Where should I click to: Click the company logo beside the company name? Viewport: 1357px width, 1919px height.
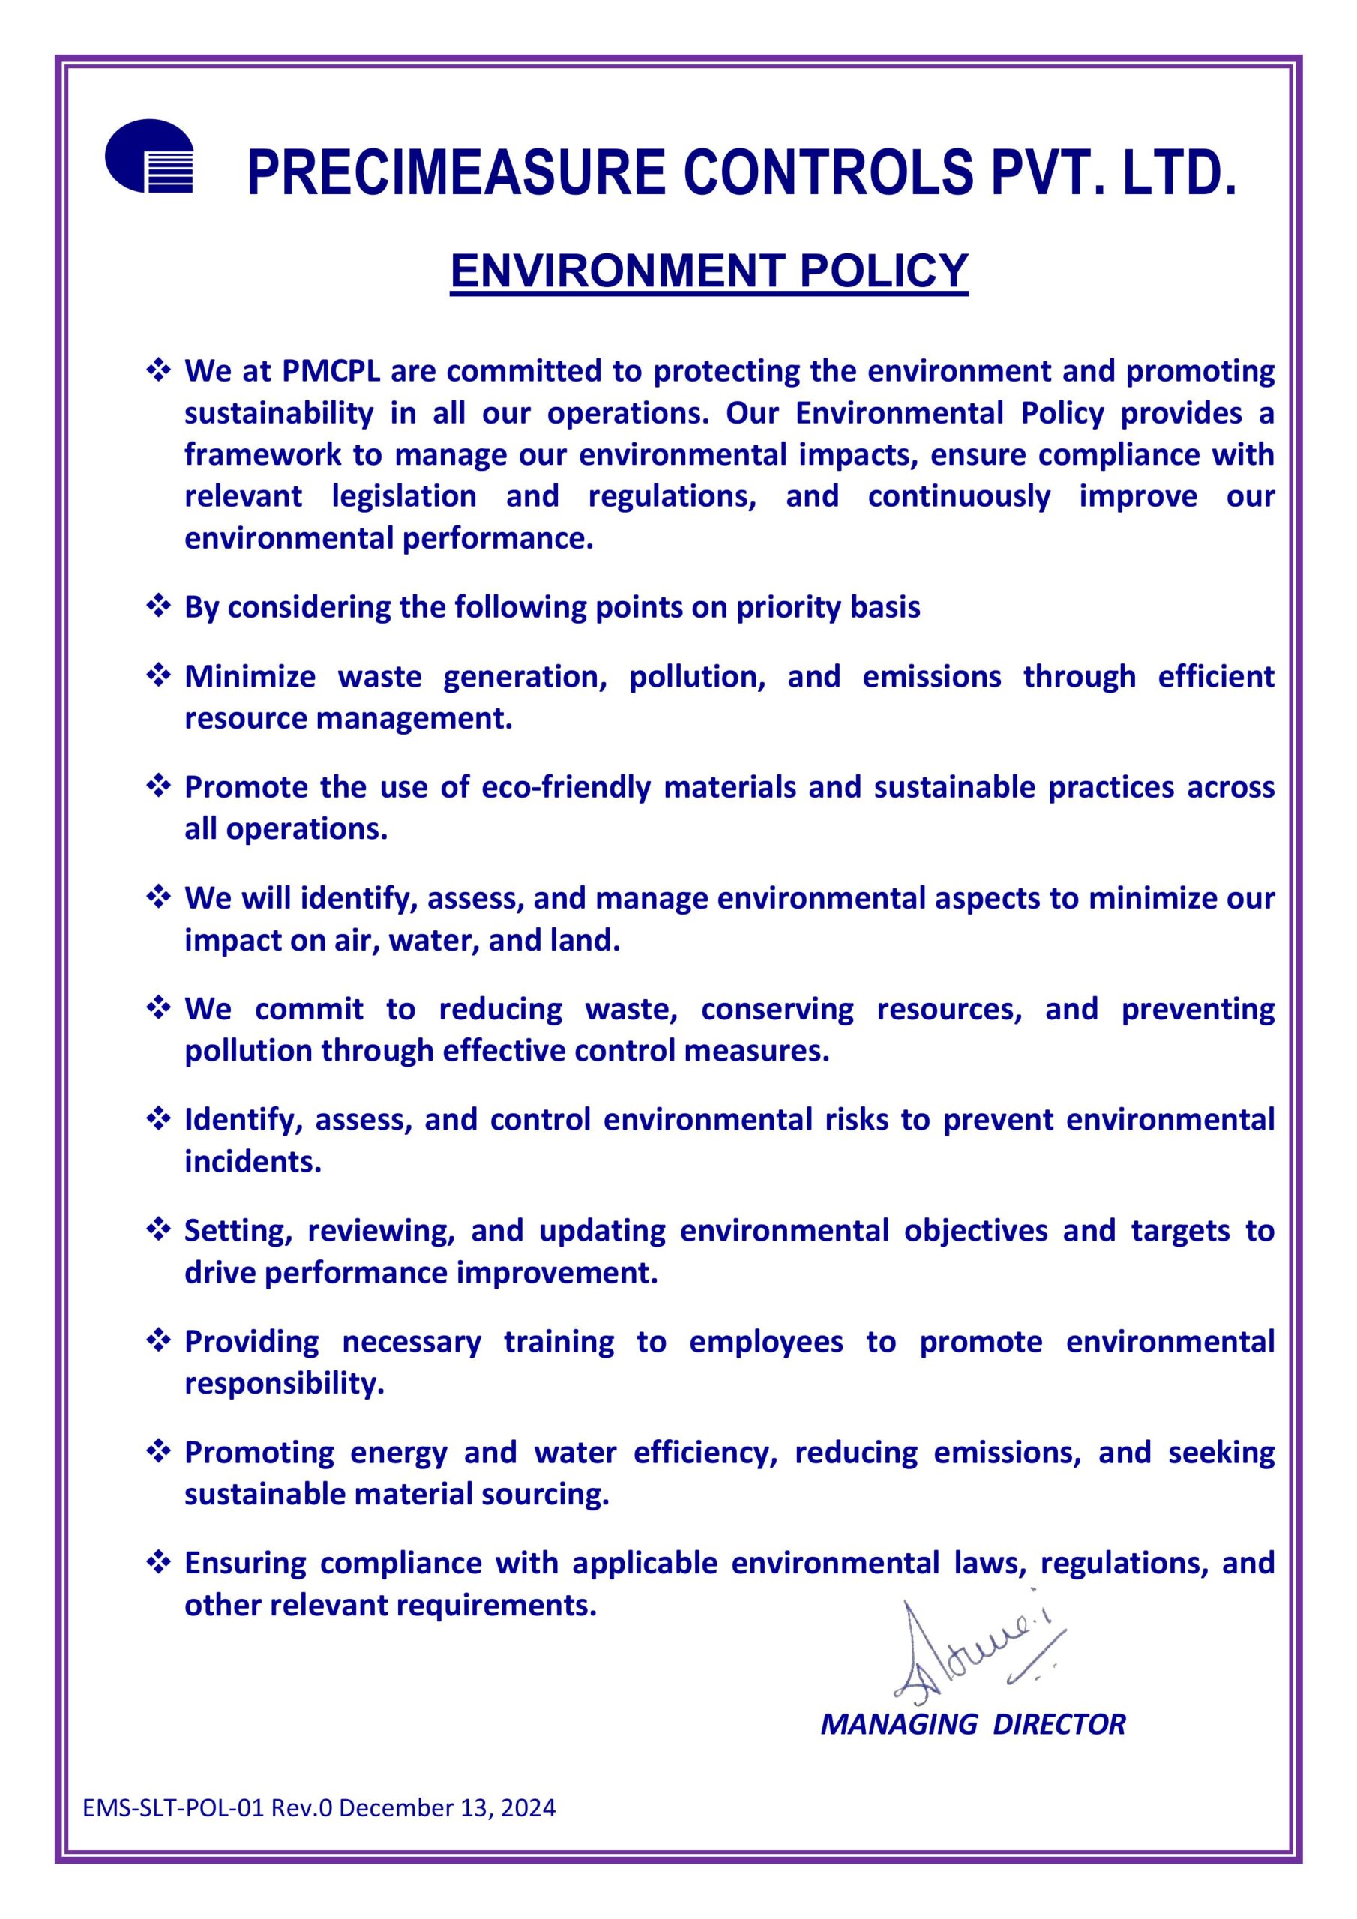[149, 157]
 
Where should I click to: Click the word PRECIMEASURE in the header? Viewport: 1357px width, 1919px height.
[456, 173]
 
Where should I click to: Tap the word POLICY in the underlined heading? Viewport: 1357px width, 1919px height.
[884, 270]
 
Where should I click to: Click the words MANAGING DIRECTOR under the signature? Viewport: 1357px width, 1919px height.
[972, 1723]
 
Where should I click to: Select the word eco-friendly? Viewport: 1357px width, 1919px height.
[565, 787]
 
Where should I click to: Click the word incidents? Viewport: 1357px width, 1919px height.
[253, 1162]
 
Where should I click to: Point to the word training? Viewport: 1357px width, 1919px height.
[559, 1342]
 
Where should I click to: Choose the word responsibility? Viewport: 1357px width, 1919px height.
[284, 1383]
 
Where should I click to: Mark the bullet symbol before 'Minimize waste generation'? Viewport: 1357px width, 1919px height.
[158, 675]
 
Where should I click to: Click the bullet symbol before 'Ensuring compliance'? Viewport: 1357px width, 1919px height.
[158, 1562]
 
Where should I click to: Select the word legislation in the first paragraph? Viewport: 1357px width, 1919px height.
[404, 496]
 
